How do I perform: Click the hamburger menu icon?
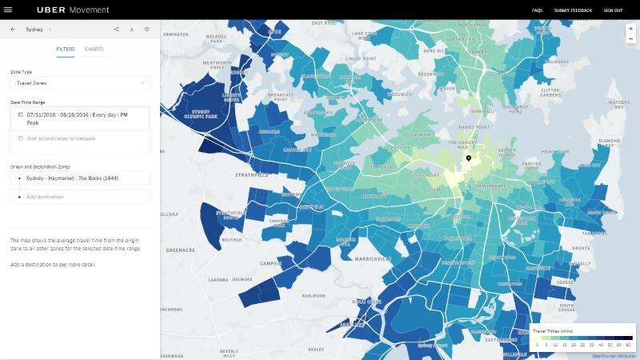[x=9, y=10]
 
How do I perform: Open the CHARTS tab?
[x=94, y=50]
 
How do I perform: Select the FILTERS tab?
[x=66, y=50]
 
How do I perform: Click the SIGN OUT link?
[x=613, y=10]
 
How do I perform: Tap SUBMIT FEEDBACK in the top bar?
[x=573, y=10]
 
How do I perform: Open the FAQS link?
[x=537, y=10]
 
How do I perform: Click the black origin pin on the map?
[x=469, y=159]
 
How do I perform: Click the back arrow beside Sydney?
[x=13, y=30]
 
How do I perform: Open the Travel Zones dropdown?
[x=80, y=82]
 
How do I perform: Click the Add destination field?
[x=80, y=197]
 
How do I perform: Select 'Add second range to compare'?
[x=61, y=138]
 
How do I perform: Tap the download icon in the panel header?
[x=131, y=30]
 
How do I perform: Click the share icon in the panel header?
[x=116, y=30]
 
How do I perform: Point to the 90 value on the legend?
[x=628, y=343]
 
